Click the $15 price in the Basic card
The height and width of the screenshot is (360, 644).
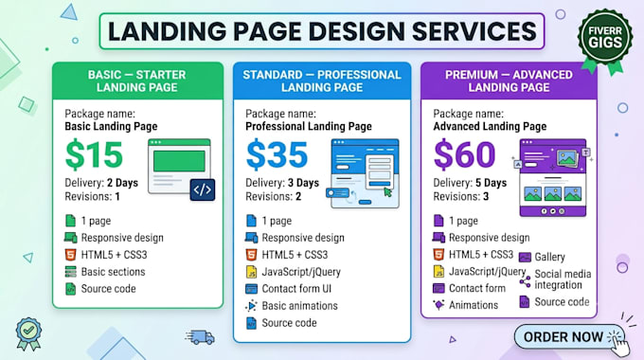[x=94, y=154]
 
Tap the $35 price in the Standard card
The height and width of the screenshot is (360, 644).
[x=277, y=154]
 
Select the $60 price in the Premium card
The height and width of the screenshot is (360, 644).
[x=464, y=154]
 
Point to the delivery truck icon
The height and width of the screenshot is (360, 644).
[x=200, y=337]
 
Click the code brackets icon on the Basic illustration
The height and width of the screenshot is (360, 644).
[x=203, y=189]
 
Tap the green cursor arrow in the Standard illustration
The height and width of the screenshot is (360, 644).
[x=387, y=191]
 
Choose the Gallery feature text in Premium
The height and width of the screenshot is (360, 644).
[x=549, y=258]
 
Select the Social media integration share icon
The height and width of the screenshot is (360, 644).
[x=525, y=281]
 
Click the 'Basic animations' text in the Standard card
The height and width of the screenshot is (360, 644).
[x=300, y=306]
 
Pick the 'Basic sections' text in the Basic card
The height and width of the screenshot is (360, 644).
[x=113, y=272]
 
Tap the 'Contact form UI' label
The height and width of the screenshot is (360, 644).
[x=296, y=289]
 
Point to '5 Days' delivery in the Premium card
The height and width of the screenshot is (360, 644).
[x=492, y=183]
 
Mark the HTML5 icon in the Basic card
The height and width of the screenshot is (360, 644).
[x=71, y=255]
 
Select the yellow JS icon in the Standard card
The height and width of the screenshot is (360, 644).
[x=251, y=272]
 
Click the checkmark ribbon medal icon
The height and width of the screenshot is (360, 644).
[x=28, y=333]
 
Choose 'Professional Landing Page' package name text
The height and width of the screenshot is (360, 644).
[x=309, y=127]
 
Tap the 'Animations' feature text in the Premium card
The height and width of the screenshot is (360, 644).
[x=474, y=305]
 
